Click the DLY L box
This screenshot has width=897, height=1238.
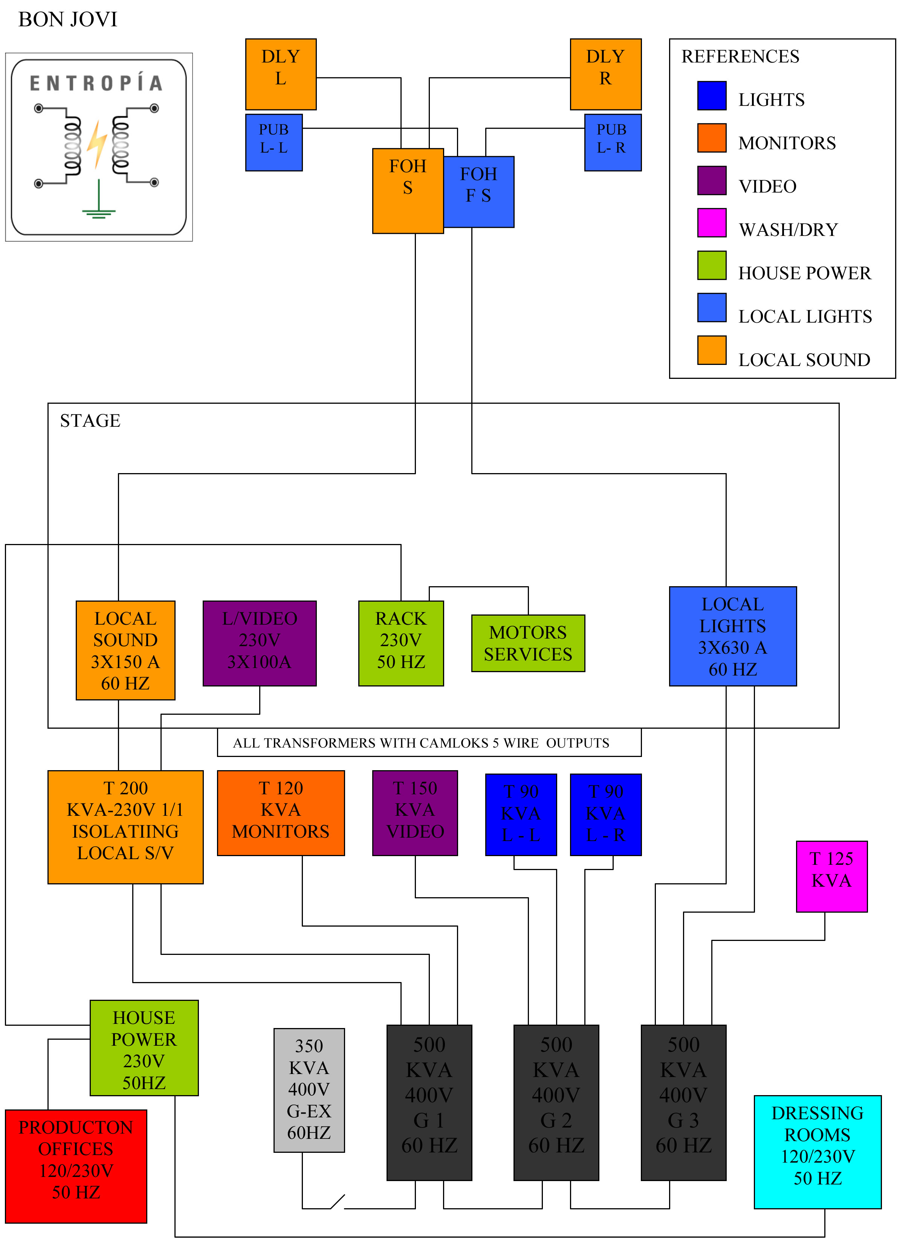click(280, 74)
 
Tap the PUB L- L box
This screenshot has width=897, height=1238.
click(274, 142)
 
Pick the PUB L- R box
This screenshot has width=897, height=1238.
click(612, 142)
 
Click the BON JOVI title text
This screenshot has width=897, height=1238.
click(68, 20)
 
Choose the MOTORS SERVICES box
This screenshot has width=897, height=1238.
click(528, 643)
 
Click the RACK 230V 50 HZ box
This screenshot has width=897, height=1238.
click(400, 643)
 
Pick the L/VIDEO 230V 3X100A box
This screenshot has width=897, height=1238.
click(259, 643)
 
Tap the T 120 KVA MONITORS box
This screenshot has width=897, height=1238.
click(280, 812)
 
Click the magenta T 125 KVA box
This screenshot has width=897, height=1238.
click(831, 876)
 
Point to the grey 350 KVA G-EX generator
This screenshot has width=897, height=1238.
click(309, 1089)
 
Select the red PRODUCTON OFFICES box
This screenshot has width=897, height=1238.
click(76, 1165)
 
